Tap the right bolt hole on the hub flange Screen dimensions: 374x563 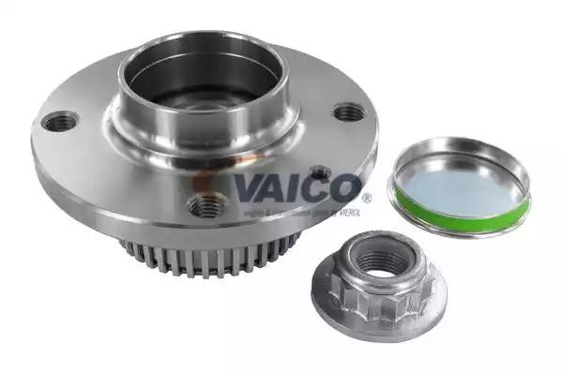pyautogui.click(x=349, y=112)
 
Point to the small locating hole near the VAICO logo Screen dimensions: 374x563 pyautogui.click(x=319, y=173)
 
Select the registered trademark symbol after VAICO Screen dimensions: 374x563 pyautogui.click(x=366, y=198)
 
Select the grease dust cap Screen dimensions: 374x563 pyautogui.click(x=460, y=187)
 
